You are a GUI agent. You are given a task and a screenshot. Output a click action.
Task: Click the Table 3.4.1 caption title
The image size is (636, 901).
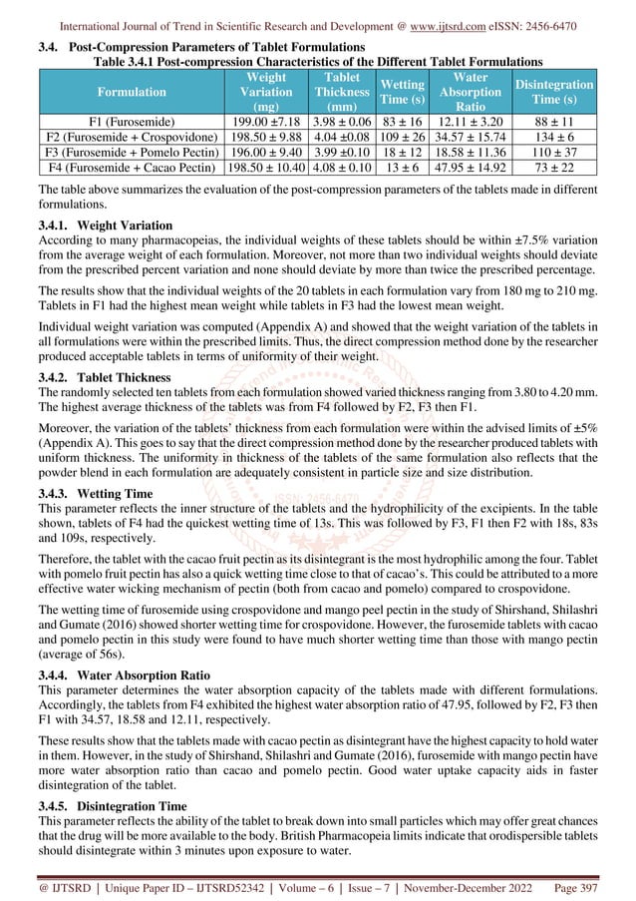pos(317,59)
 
